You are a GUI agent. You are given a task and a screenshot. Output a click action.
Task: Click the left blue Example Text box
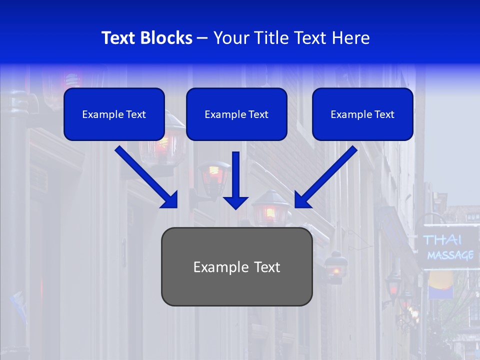click(x=114, y=114)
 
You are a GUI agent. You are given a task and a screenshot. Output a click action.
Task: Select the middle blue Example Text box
click(x=236, y=114)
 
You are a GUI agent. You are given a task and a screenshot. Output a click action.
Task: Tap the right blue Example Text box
click(x=362, y=114)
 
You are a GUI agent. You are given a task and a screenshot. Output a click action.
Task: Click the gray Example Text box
click(x=236, y=266)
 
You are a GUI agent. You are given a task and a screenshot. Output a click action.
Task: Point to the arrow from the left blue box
click(x=145, y=176)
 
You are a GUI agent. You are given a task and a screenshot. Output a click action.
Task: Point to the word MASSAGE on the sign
click(x=450, y=255)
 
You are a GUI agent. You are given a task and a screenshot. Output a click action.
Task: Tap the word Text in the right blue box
click(x=384, y=114)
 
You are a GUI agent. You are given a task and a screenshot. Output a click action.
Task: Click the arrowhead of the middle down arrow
click(x=235, y=202)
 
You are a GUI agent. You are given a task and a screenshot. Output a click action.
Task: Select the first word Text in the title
click(x=118, y=38)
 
